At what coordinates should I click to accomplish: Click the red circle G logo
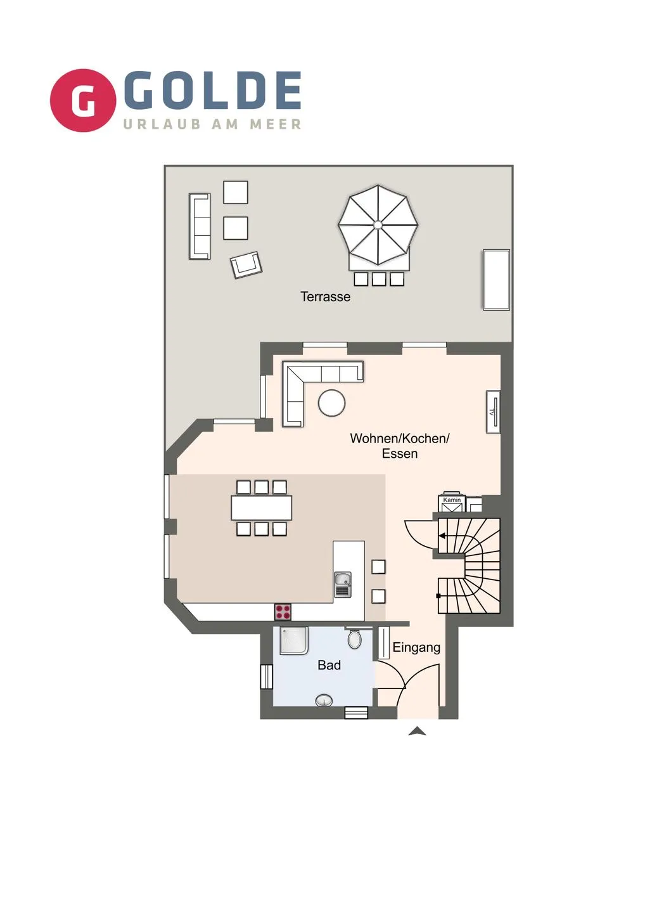pyautogui.click(x=83, y=100)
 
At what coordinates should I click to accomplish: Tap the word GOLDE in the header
pyautogui.click(x=213, y=90)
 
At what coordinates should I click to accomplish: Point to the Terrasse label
pyautogui.click(x=325, y=297)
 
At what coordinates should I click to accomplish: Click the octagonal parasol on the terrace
pyautogui.click(x=378, y=224)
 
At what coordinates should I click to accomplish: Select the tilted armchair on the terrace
pyautogui.click(x=246, y=264)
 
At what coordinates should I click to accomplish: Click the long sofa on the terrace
pyautogui.click(x=200, y=226)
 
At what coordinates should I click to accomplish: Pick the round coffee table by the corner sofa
pyautogui.click(x=331, y=402)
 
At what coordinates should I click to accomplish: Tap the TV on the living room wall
pyautogui.click(x=492, y=413)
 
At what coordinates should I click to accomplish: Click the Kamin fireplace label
pyautogui.click(x=452, y=500)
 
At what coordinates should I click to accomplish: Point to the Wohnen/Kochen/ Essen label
pyautogui.click(x=400, y=446)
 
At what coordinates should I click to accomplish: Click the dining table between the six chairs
pyautogui.click(x=261, y=508)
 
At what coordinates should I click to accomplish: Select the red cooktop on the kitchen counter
pyautogui.click(x=283, y=612)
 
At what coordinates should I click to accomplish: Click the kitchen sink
pyautogui.click(x=343, y=584)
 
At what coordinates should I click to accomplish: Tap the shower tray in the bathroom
pyautogui.click(x=294, y=640)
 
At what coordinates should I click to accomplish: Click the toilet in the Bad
pyautogui.click(x=355, y=638)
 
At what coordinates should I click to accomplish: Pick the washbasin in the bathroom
pyautogui.click(x=324, y=701)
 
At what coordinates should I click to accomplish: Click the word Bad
pyautogui.click(x=329, y=665)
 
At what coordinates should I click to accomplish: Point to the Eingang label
pyautogui.click(x=416, y=647)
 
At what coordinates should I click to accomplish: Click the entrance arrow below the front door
pyautogui.click(x=417, y=731)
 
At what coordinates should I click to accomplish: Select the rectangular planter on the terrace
pyautogui.click(x=496, y=280)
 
